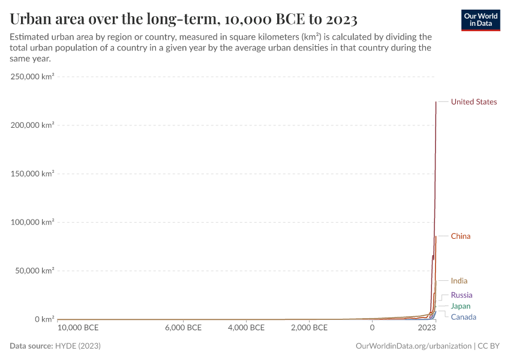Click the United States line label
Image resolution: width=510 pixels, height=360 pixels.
click(473, 102)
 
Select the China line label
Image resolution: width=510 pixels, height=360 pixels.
click(460, 236)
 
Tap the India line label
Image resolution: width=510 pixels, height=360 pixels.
click(459, 281)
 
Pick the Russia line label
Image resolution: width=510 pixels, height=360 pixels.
click(461, 295)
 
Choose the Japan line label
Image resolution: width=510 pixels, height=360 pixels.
click(460, 306)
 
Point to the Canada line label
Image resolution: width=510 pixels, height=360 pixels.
click(463, 317)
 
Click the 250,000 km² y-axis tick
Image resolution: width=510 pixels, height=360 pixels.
click(32, 77)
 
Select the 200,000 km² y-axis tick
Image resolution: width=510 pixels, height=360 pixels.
click(32, 125)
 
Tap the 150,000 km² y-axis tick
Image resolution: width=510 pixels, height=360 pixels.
click(32, 174)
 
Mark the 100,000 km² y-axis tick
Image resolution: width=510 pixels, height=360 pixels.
click(32, 222)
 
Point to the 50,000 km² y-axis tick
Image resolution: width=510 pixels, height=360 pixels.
click(34, 271)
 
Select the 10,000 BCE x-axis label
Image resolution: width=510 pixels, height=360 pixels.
click(79, 328)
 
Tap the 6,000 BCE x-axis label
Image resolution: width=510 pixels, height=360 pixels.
click(182, 328)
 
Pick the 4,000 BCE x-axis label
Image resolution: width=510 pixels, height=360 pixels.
click(246, 328)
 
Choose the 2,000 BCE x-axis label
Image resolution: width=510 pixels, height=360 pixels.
click(308, 328)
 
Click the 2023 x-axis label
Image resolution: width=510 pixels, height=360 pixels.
click(427, 328)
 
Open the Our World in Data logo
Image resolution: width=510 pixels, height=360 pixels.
click(480, 20)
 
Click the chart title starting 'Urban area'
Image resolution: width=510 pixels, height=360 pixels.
click(184, 20)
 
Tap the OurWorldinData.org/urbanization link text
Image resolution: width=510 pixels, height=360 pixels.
click(413, 346)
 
